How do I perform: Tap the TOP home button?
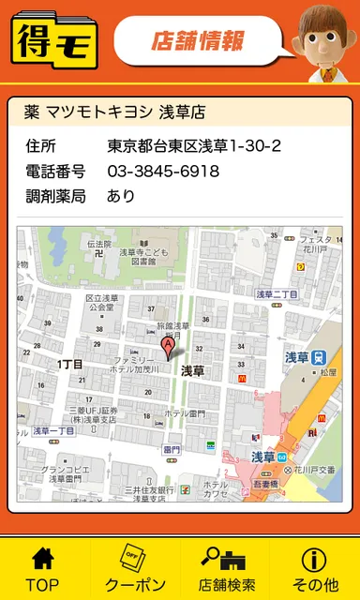tap(42, 568)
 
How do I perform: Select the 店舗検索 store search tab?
tap(225, 568)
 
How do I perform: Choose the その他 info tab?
tap(314, 568)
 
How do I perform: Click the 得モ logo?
tap(53, 40)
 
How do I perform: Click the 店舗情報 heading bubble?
tap(198, 40)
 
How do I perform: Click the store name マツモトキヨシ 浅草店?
tap(113, 112)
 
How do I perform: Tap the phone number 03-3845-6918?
tap(163, 172)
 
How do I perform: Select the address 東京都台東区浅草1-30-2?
tap(194, 146)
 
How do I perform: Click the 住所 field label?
tap(41, 146)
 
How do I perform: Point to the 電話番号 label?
tap(55, 172)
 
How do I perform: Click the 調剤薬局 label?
tap(55, 196)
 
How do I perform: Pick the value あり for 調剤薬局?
tap(121, 196)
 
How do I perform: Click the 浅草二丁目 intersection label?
tap(277, 293)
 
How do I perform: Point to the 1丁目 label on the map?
tap(70, 364)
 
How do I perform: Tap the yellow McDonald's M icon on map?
tap(241, 377)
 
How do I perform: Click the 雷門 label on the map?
tap(171, 450)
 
